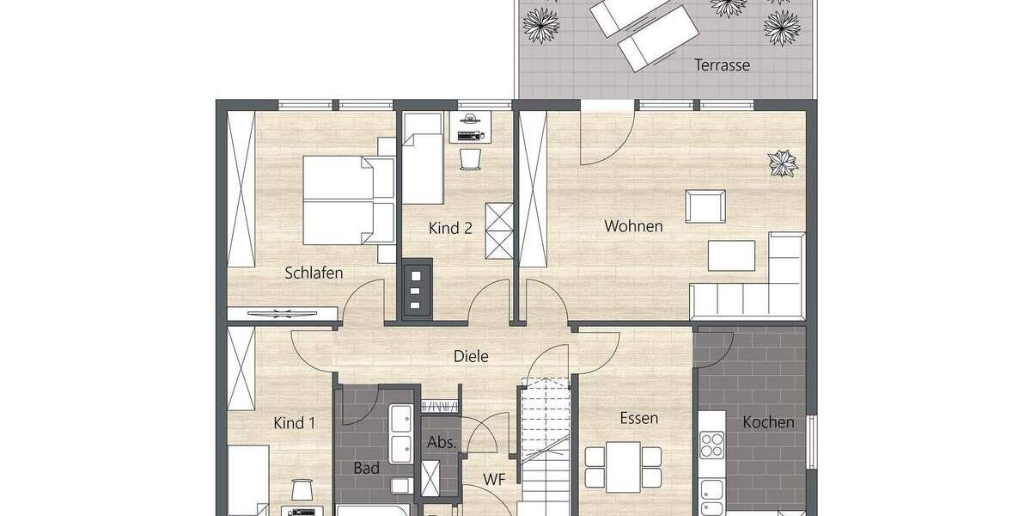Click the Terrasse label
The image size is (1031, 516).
pyautogui.click(x=722, y=65)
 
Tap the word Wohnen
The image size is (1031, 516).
pyautogui.click(x=633, y=226)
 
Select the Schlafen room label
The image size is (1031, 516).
pyautogui.click(x=314, y=273)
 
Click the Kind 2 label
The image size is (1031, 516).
pyautogui.click(x=450, y=229)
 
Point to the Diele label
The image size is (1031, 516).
pyautogui.click(x=471, y=356)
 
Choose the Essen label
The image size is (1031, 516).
pyautogui.click(x=638, y=419)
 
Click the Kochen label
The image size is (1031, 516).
pyautogui.click(x=768, y=422)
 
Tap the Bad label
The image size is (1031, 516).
pyautogui.click(x=366, y=469)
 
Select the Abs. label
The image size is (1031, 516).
pyautogui.click(x=441, y=443)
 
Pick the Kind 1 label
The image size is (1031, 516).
pyautogui.click(x=294, y=423)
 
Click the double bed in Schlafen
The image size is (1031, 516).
pyautogui.click(x=349, y=200)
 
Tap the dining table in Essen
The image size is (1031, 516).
pyautogui.click(x=623, y=467)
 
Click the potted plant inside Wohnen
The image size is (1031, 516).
pyautogui.click(x=782, y=163)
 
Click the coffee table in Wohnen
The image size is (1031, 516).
pyautogui.click(x=731, y=255)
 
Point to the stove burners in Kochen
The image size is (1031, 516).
pyautogui.click(x=712, y=445)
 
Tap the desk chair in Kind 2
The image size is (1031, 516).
pyautogui.click(x=470, y=159)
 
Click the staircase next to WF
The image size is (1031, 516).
pyautogui.click(x=546, y=447)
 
